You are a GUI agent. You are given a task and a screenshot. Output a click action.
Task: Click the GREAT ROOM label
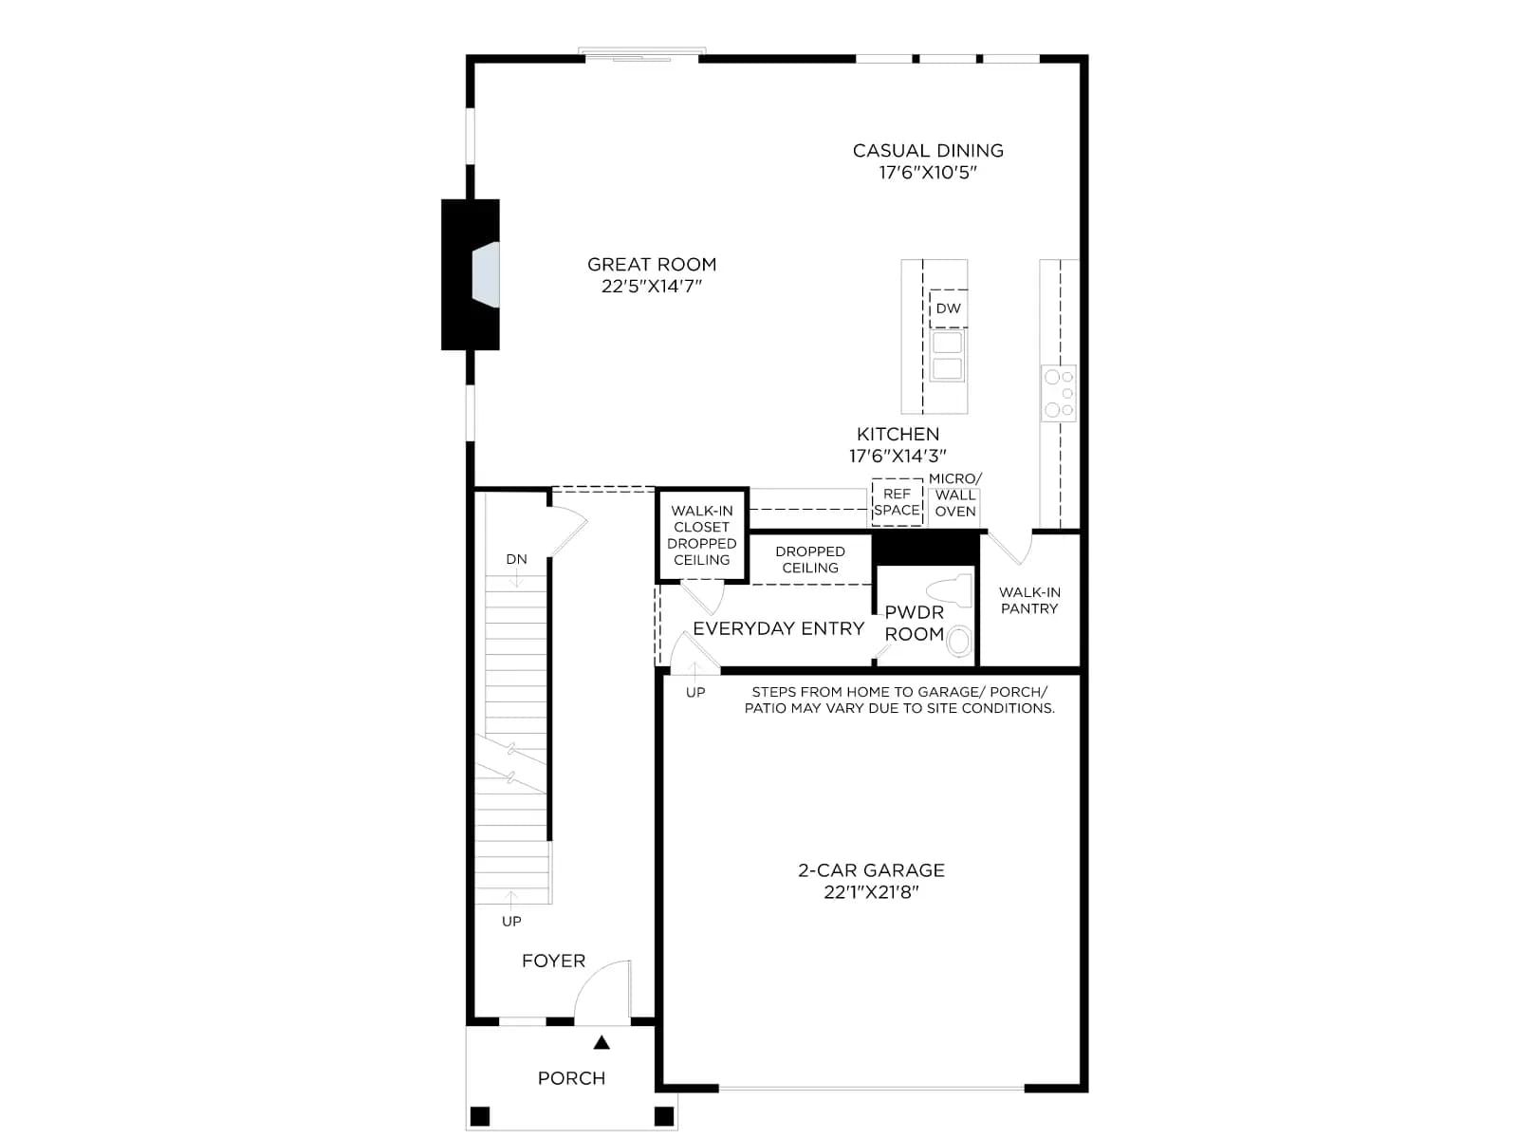tap(652, 264)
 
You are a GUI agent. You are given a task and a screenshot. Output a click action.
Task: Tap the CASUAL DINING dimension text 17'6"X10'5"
tap(928, 172)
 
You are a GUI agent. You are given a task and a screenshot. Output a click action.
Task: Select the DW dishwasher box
tap(948, 308)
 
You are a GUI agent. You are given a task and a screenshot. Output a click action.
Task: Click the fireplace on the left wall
tap(471, 274)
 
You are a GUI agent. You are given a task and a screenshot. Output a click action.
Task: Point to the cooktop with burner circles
tap(1059, 394)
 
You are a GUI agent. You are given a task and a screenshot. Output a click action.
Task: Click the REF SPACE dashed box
tap(897, 502)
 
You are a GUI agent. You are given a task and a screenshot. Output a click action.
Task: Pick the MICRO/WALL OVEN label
tap(955, 495)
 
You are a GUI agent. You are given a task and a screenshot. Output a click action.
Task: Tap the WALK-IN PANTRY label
tap(1029, 600)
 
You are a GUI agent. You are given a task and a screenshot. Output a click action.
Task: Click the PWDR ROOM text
tap(915, 623)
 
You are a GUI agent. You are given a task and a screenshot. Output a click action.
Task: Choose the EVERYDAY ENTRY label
tap(779, 628)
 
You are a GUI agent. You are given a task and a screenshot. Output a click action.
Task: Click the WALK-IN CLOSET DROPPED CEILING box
tap(702, 535)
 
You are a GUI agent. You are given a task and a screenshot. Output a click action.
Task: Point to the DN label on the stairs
tap(517, 559)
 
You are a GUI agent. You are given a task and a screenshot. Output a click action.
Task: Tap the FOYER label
tap(553, 961)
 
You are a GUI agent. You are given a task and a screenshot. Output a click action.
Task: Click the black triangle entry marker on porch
tap(602, 1042)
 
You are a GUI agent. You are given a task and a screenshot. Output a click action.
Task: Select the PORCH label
tap(571, 1078)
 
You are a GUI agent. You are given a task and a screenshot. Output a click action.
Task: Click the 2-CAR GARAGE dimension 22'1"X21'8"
tap(871, 892)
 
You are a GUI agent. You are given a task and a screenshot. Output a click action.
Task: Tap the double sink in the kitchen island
tap(947, 355)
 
